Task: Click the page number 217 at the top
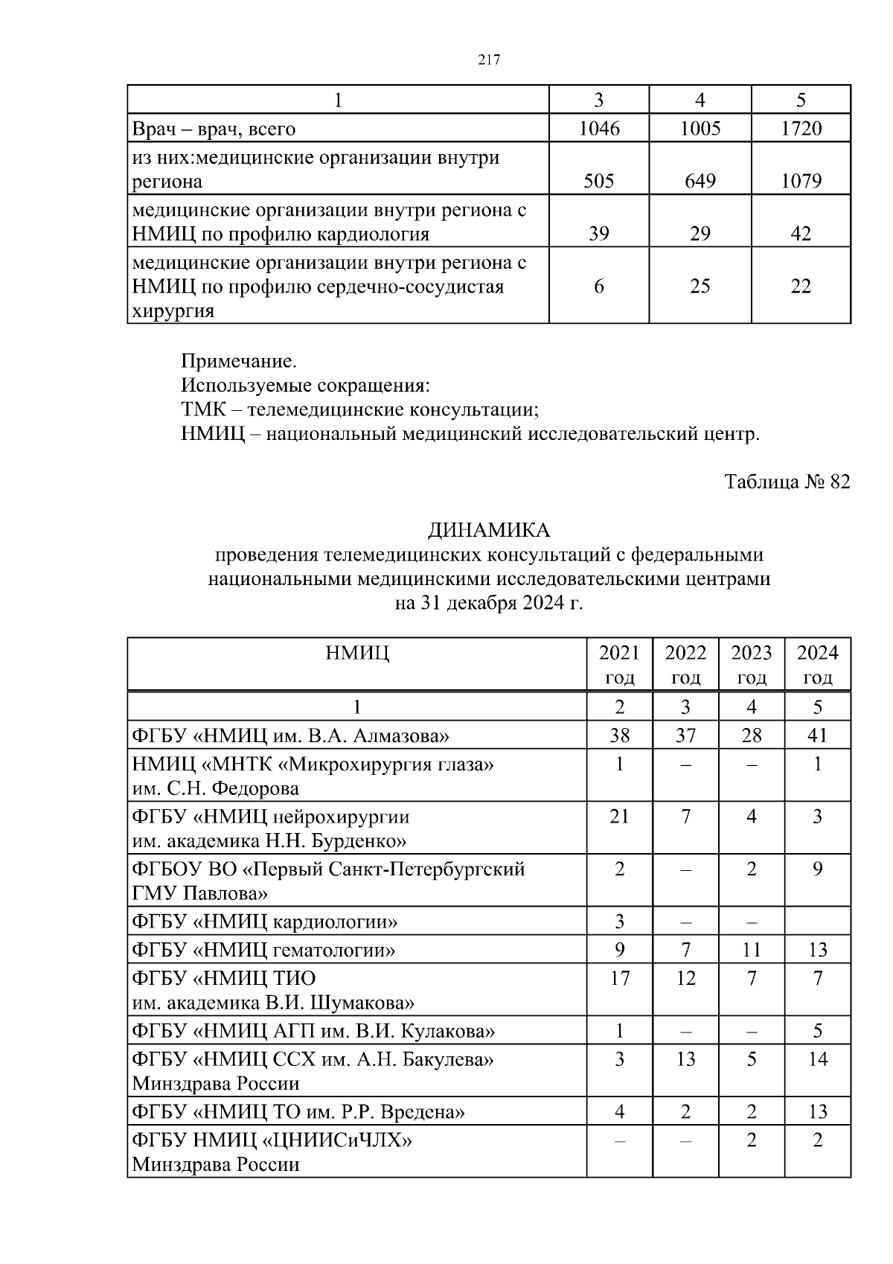point(488,61)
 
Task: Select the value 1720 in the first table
point(801,129)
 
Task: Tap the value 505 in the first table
point(598,181)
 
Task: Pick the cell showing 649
point(700,181)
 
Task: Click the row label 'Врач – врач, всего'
point(214,129)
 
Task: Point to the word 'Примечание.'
point(239,362)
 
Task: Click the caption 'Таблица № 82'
point(787,482)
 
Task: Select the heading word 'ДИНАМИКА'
point(488,530)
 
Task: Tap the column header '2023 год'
point(752,665)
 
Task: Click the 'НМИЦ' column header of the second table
point(357,654)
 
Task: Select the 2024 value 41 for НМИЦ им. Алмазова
point(817,736)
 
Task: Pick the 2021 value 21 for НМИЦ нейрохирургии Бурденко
point(619,817)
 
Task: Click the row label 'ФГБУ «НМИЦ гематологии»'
point(263,950)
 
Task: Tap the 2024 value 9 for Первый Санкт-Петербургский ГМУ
point(817,869)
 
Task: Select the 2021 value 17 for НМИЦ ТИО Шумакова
point(619,978)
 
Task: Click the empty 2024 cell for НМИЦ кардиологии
point(817,922)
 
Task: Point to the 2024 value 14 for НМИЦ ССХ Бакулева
point(817,1059)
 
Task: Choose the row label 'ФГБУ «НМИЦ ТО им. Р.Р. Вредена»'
point(298,1112)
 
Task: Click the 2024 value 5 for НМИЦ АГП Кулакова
point(817,1031)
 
